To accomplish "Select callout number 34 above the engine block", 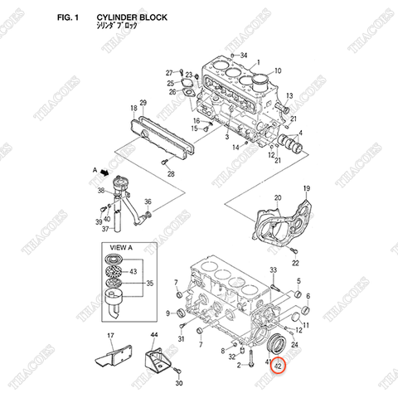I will point(243,56).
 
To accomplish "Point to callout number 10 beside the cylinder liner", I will point(277,71).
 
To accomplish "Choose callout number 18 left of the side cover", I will point(132,109).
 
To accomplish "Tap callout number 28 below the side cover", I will point(170,174).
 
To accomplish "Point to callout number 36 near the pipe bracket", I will point(147,201).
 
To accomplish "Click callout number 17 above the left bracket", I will point(109,335).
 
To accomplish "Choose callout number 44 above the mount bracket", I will point(153,335).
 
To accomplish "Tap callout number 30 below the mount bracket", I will point(177,384).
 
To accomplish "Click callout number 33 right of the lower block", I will point(273,271).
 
